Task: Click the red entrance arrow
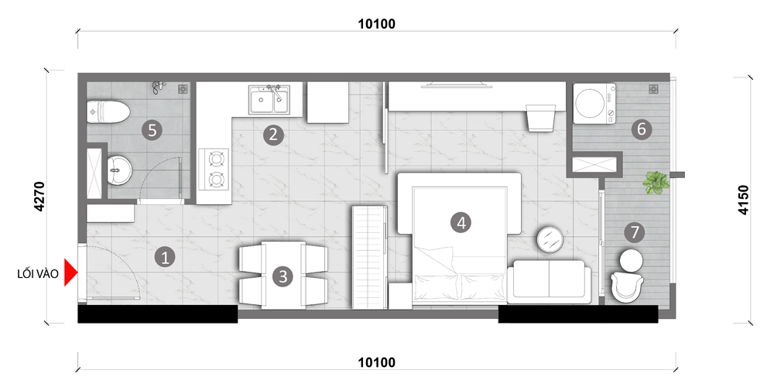click(71, 273)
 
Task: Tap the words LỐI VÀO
click(38, 274)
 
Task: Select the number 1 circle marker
click(165, 257)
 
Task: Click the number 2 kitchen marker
click(273, 134)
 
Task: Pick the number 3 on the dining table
click(283, 276)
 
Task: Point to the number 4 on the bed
click(461, 223)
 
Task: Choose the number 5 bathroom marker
click(152, 130)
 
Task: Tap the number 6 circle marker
click(642, 129)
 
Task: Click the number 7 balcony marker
click(635, 231)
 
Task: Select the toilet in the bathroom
click(108, 112)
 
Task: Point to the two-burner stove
click(214, 170)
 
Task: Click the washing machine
click(594, 103)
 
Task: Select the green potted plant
click(656, 183)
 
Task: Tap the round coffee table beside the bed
click(550, 239)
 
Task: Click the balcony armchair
click(627, 285)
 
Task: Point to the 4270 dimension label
click(40, 197)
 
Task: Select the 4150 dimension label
click(744, 200)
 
